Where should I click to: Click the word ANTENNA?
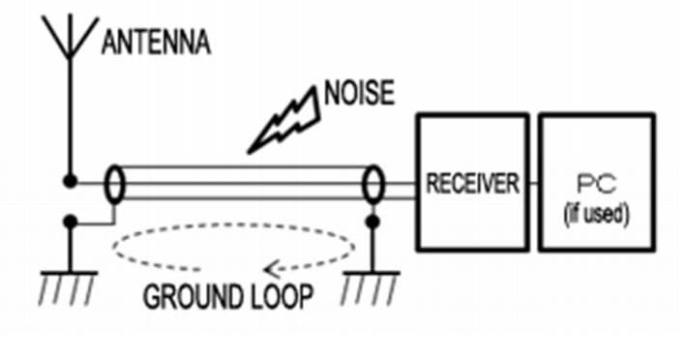(156, 43)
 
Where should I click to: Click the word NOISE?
(359, 93)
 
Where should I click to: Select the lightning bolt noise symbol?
(283, 120)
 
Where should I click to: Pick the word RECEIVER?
(473, 183)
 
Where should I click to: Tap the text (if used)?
(597, 214)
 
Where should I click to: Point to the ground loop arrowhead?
(272, 269)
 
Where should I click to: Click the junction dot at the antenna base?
(70, 181)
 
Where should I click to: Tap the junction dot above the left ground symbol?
(70, 222)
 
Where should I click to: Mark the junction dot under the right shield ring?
(373, 222)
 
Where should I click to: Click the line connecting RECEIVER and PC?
(534, 183)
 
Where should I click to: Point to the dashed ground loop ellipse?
(233, 224)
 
